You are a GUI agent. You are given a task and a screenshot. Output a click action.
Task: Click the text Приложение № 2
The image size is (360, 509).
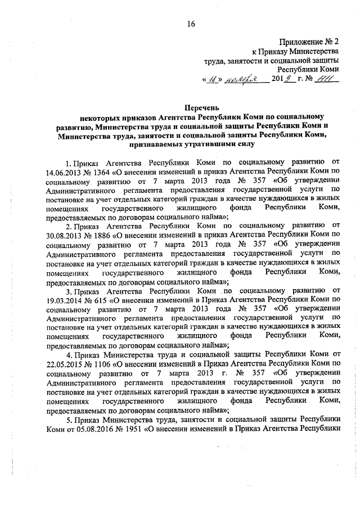[310, 41]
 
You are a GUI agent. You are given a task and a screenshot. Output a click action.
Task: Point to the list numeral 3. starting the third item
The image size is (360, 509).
[68, 290]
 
